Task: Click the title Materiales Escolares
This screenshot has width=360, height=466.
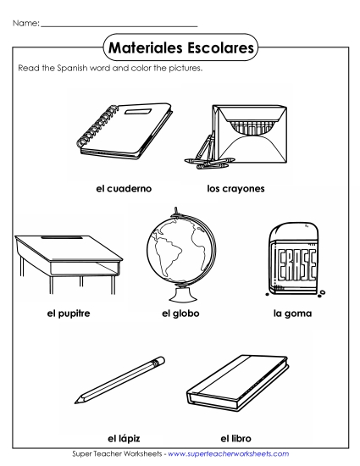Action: click(180, 49)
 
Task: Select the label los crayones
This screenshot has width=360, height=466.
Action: click(235, 188)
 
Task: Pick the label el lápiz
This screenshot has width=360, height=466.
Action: click(123, 437)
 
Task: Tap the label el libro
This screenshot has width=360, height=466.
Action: click(236, 437)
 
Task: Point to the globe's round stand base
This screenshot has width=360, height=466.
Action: click(179, 293)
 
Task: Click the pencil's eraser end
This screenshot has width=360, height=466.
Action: click(157, 363)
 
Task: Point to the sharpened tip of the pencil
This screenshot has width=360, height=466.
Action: click(78, 399)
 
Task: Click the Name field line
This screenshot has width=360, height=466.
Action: click(119, 25)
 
